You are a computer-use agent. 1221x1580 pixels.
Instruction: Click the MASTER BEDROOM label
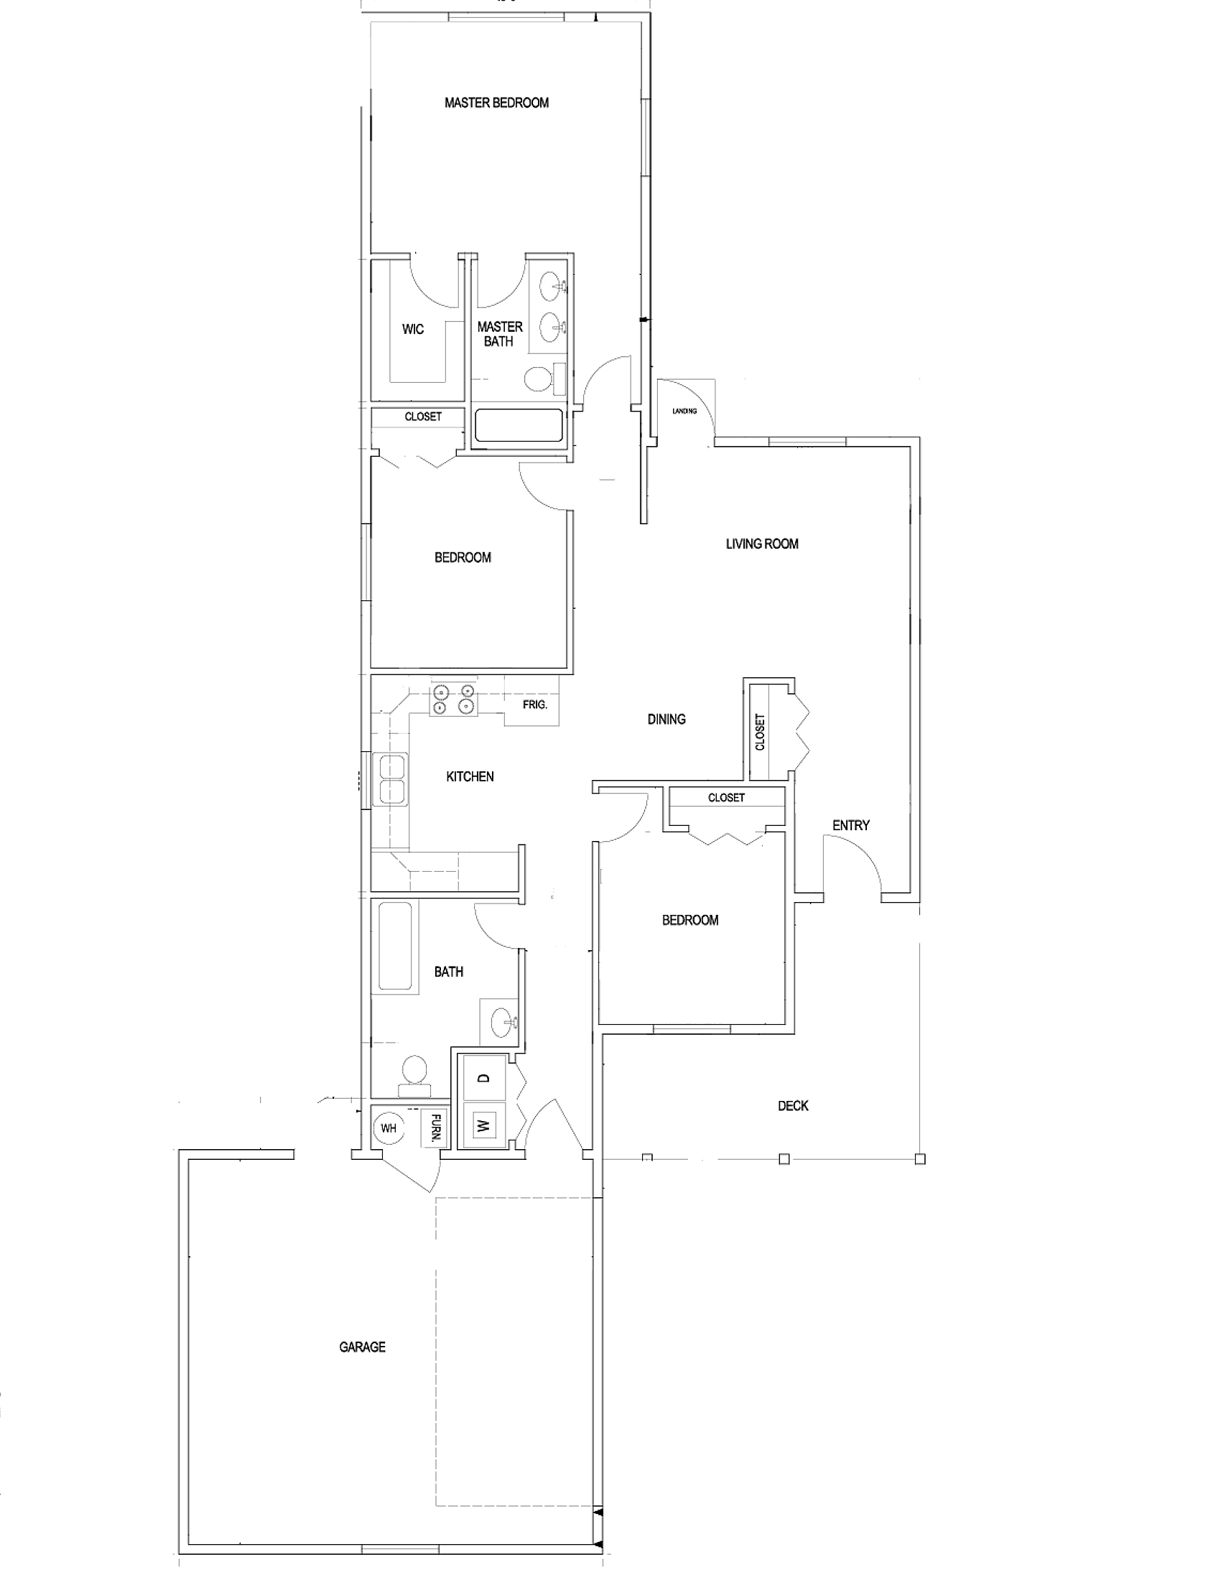496,103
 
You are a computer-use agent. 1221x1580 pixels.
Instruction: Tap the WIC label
413,329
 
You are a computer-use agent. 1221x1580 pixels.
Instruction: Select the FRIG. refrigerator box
531,701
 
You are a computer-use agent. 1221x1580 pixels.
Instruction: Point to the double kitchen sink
391,779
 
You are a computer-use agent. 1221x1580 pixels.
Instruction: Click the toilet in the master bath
542,378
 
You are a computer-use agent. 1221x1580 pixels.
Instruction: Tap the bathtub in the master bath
519,426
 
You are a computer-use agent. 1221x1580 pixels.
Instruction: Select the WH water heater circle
389,1128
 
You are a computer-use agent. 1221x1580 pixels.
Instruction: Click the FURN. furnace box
435,1127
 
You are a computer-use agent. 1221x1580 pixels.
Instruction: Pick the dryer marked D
484,1078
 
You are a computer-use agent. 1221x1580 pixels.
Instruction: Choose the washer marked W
484,1125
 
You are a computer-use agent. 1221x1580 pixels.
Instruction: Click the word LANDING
684,411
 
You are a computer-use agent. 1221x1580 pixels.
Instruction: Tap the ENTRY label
850,824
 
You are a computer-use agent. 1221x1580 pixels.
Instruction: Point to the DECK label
793,1105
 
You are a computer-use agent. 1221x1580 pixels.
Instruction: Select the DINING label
667,719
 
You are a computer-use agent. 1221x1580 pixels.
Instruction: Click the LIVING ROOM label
762,544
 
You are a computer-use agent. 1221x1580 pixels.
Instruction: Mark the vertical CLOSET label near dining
760,732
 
